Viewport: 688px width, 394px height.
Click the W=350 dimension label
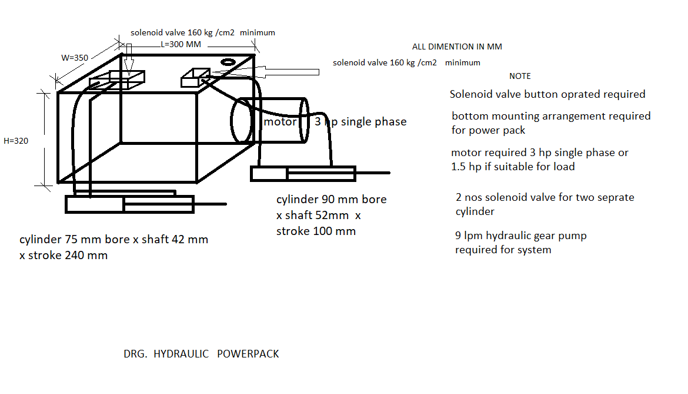[75, 58]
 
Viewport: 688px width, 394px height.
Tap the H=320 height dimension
[16, 141]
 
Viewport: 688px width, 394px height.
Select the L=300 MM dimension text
[181, 44]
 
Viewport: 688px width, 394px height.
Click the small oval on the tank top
[228, 62]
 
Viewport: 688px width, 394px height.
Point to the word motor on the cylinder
[280, 122]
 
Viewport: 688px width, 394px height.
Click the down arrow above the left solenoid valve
[129, 59]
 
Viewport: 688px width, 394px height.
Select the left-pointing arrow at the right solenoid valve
[265, 72]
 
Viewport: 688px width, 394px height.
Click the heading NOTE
[520, 76]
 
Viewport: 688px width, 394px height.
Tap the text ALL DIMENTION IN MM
[457, 47]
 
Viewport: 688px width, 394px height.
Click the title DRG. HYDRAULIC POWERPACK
[201, 354]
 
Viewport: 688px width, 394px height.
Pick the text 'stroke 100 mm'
[316, 231]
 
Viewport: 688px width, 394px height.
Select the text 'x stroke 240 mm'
[63, 255]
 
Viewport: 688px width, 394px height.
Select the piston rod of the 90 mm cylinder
[373, 173]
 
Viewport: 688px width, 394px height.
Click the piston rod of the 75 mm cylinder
[210, 204]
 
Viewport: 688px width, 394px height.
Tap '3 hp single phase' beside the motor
[360, 122]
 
